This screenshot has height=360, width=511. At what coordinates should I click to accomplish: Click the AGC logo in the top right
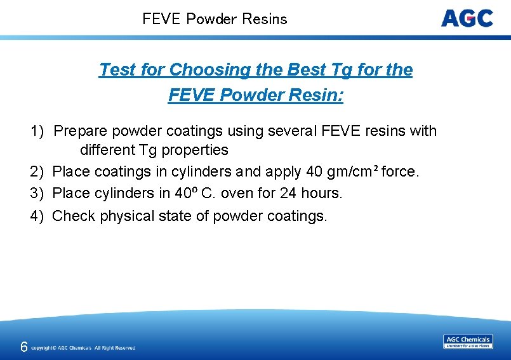[467, 18]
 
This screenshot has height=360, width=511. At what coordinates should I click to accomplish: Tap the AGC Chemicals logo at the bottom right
[468, 342]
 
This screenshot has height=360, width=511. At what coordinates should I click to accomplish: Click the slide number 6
[23, 347]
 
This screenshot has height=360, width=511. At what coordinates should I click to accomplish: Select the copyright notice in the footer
[83, 348]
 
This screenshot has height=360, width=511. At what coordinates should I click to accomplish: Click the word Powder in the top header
[212, 19]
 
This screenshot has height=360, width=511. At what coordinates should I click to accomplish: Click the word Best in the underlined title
[293, 70]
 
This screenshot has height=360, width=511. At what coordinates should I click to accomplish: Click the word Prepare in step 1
[81, 131]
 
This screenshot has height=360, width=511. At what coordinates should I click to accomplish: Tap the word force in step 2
[400, 171]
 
